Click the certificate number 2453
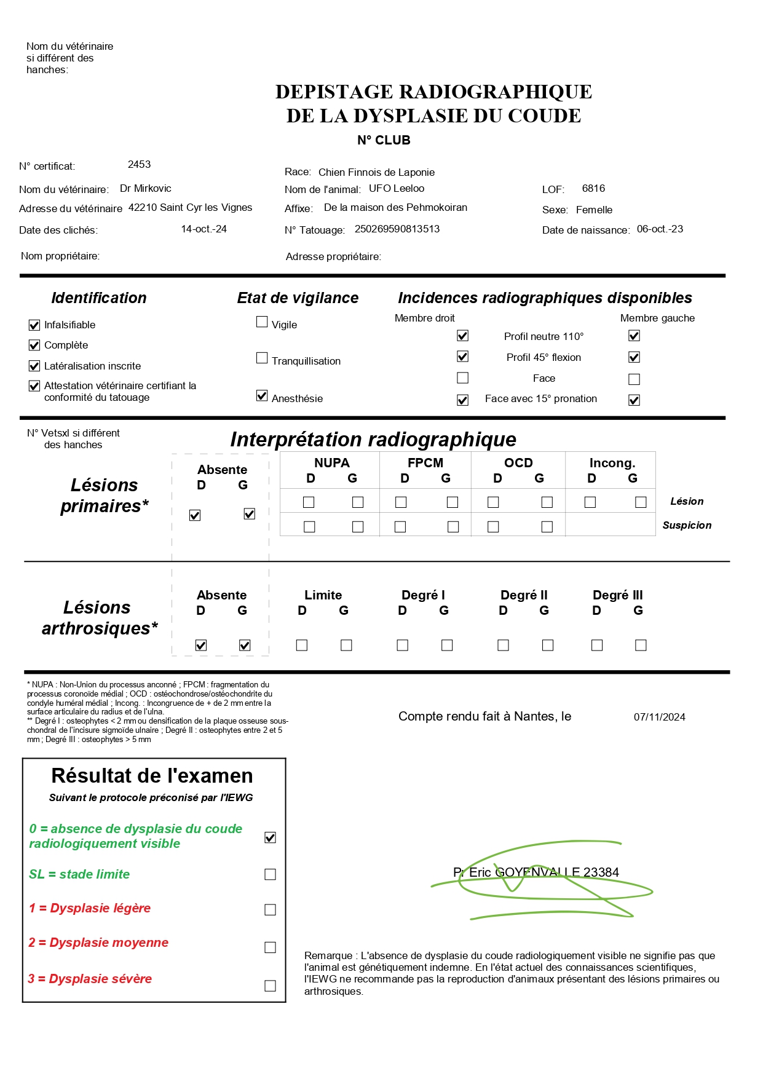139,165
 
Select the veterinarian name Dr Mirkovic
145,189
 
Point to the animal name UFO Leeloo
396,189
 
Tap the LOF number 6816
593,189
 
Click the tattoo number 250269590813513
397,229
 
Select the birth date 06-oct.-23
660,229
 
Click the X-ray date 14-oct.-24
204,229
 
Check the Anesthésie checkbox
262,396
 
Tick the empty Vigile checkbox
262,322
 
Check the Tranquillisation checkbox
262,358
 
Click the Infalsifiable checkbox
34,325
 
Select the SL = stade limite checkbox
270,874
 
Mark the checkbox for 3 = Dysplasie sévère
270,986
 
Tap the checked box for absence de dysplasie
270,837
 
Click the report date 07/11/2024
659,717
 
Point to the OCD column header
518,463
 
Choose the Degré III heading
617,595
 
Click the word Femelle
594,210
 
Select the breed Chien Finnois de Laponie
376,173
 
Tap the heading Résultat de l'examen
152,776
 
